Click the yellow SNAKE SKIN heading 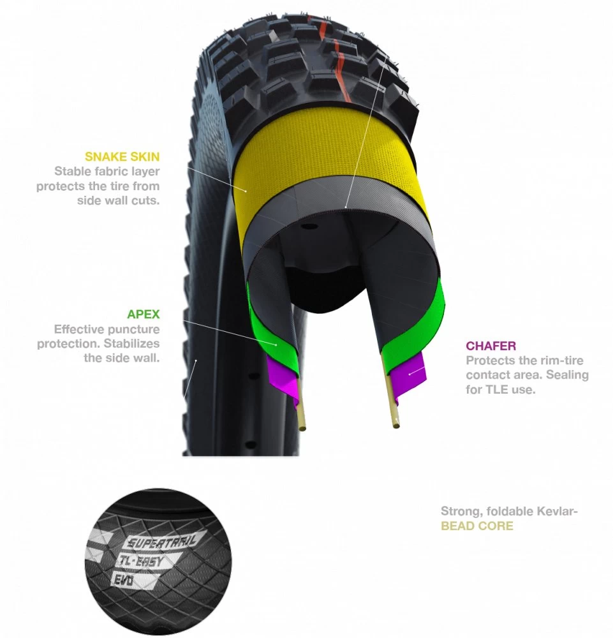tap(122, 157)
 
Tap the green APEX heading tap(143, 314)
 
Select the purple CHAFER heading tap(491, 346)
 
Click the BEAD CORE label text tap(477, 526)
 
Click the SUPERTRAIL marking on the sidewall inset tap(161, 541)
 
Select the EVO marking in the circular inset tap(123, 580)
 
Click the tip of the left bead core tap(303, 428)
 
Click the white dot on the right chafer tap(410, 373)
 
